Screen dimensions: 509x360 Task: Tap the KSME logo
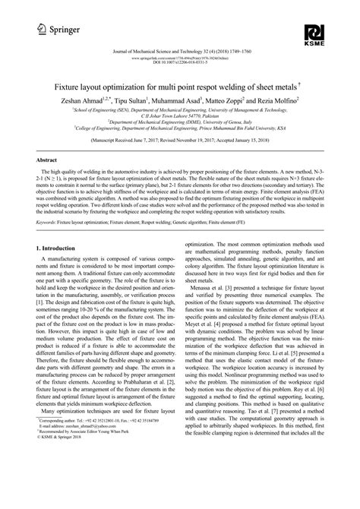point(314,35)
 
